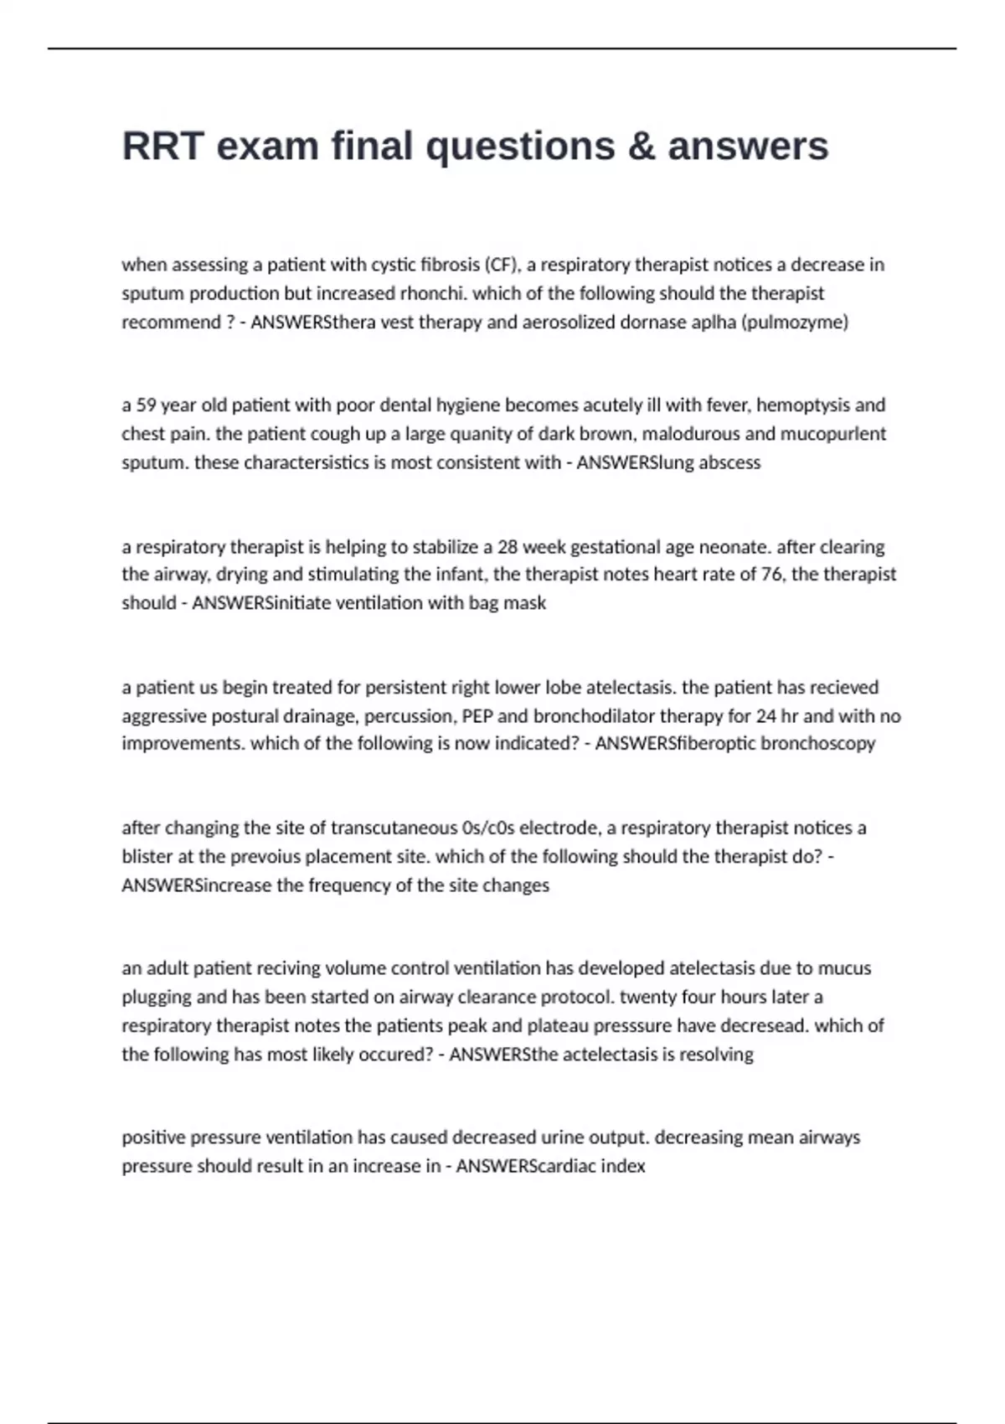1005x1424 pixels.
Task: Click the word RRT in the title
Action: (x=162, y=146)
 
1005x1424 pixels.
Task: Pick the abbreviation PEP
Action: (x=477, y=716)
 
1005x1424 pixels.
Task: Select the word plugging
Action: (x=157, y=997)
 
